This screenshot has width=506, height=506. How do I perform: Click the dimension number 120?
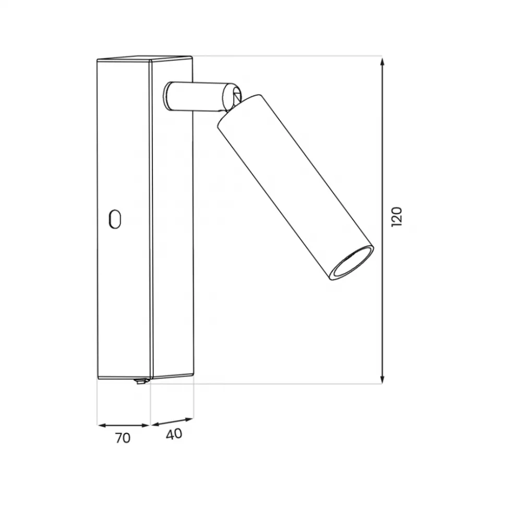point(396,217)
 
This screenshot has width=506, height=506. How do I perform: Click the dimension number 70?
point(123,438)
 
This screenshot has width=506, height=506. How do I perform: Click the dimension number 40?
point(174,434)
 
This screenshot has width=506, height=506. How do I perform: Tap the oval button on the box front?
point(115,219)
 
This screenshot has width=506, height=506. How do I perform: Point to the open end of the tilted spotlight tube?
point(352,263)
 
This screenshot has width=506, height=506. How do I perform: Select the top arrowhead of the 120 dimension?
point(382,61)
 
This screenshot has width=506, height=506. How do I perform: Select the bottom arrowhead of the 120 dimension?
point(382,379)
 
